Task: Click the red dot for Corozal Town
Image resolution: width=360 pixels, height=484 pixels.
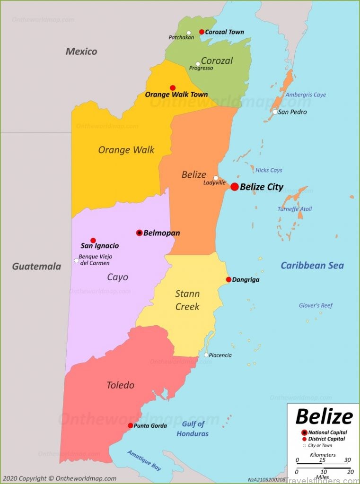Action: coord(202,32)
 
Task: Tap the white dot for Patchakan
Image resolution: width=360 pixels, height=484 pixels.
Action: coord(189,33)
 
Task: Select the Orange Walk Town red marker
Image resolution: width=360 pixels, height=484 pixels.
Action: coord(173,88)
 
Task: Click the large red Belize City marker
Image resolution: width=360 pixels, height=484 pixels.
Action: coord(235,187)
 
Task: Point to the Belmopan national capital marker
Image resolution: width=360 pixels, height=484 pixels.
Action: coord(139,233)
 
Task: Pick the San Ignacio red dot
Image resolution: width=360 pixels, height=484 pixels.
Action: coord(93,240)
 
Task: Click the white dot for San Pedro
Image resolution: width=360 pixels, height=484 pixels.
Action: coord(275,112)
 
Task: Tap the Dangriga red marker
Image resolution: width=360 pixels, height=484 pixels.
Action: coord(228,279)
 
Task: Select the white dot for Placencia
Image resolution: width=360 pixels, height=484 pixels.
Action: coord(206,355)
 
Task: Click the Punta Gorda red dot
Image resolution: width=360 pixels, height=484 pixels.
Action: coord(131,425)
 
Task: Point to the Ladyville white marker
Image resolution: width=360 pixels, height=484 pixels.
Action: coord(216,178)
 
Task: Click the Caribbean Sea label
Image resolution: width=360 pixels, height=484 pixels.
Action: coord(312,265)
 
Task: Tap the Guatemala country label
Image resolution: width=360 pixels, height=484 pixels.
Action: coord(36,266)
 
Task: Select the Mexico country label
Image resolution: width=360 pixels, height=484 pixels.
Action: coord(81,52)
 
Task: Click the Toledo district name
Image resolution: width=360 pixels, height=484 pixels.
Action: coord(120,385)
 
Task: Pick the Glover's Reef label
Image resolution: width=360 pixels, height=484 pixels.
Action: coord(316,305)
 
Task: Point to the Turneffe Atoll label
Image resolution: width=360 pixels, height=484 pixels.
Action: coord(295,209)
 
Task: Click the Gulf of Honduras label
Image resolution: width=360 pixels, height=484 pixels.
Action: coord(193,429)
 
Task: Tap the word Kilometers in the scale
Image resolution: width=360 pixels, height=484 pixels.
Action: coord(323,455)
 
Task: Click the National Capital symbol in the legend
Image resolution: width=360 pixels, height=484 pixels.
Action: coord(304,432)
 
